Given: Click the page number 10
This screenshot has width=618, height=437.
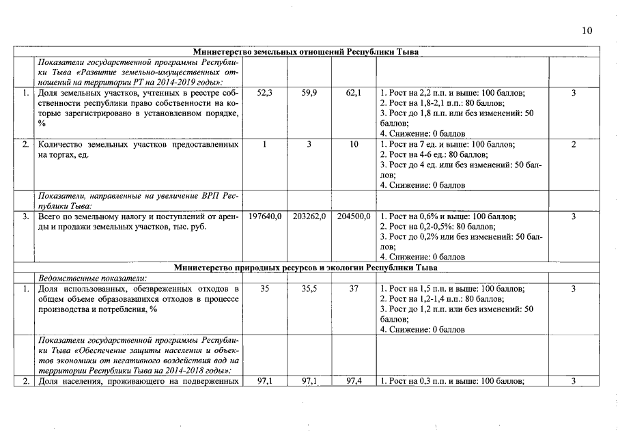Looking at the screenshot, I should (x=587, y=30).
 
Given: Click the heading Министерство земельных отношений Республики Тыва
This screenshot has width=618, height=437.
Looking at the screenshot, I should (x=306, y=51).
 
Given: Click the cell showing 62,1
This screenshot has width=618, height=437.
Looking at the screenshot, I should (x=353, y=93).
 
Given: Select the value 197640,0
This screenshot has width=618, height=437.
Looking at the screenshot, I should (x=264, y=216).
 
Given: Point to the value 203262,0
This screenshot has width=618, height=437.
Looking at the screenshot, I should (x=309, y=216).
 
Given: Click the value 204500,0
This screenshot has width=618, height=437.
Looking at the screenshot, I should (x=353, y=216).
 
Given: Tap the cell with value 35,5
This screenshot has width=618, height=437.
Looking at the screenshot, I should (x=309, y=289).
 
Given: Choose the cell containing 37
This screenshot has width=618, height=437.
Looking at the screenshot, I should (x=353, y=289).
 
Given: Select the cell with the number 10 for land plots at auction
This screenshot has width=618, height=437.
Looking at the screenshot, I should (x=353, y=145).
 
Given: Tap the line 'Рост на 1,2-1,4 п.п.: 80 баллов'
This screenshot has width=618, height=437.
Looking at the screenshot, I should (x=442, y=299).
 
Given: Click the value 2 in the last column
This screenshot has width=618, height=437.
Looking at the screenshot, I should (x=574, y=145).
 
